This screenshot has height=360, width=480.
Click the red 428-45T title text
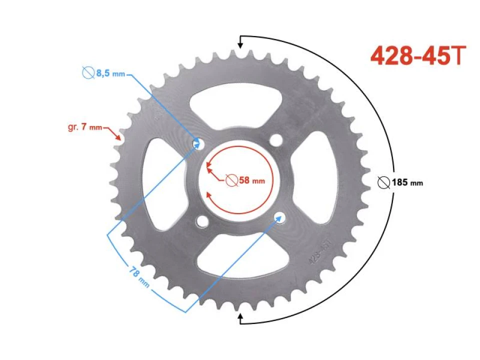click(418, 55)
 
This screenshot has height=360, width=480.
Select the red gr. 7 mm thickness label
click(85, 126)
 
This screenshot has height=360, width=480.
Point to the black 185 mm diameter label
click(407, 183)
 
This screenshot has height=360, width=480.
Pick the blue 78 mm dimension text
click(139, 277)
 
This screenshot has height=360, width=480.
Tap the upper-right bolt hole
click(276, 140)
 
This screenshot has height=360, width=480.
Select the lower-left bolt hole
click(202, 221)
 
